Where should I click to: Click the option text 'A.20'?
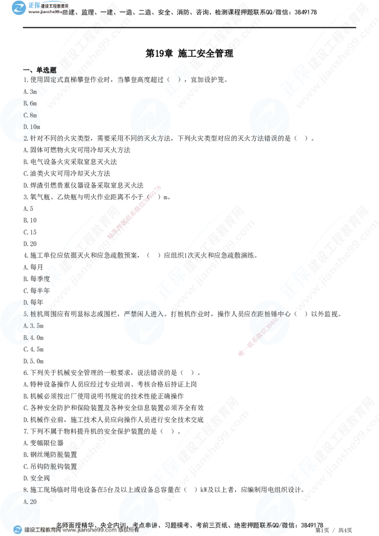click(x=30, y=501)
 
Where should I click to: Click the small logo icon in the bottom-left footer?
click(x=18, y=530)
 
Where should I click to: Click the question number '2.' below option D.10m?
click(x=27, y=138)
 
